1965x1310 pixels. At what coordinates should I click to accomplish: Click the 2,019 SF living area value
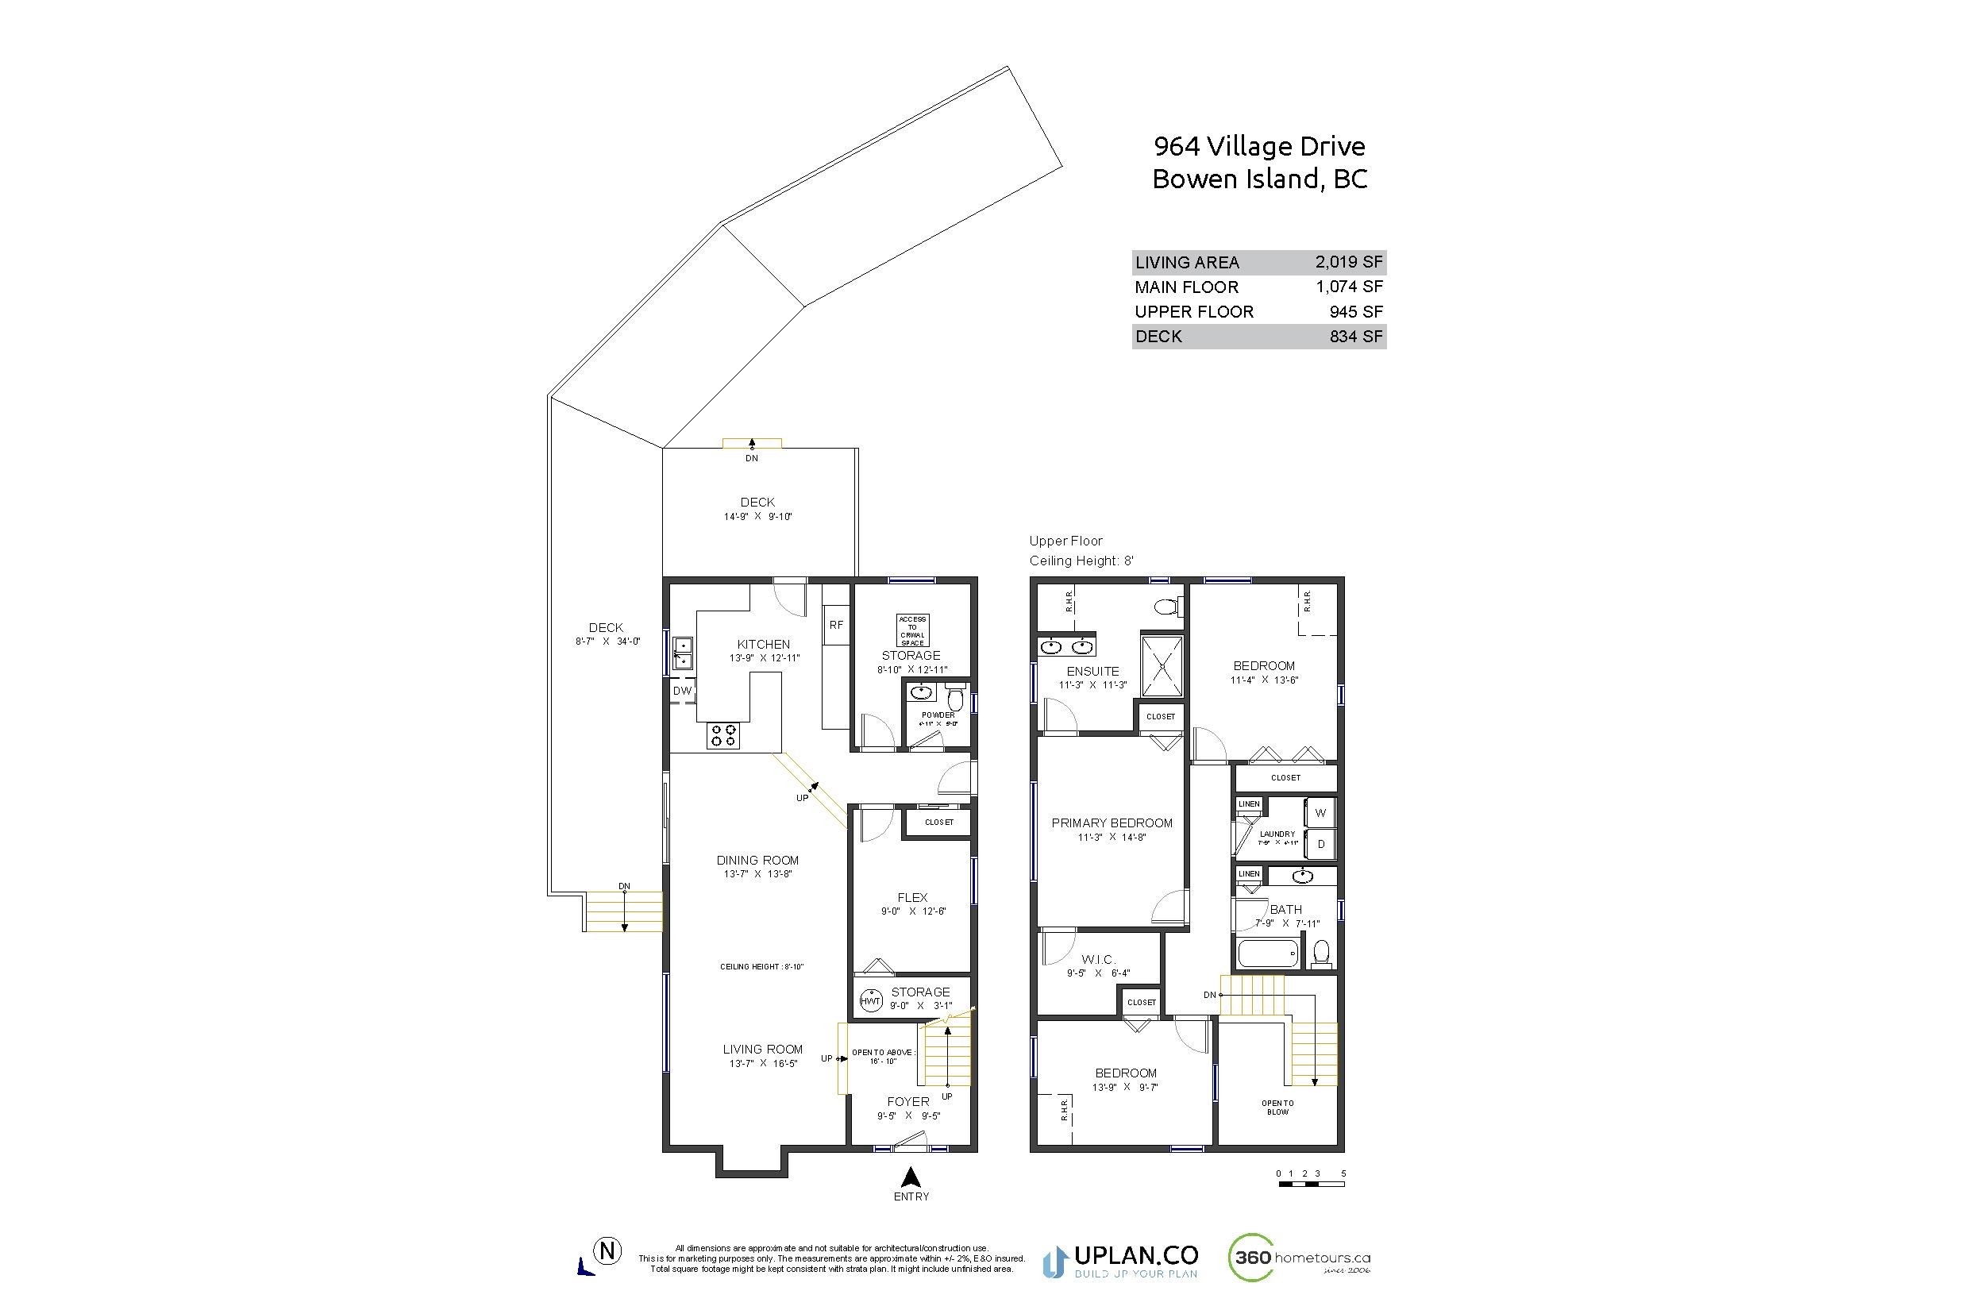coord(1348,262)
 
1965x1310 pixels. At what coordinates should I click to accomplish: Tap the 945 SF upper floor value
coord(1356,312)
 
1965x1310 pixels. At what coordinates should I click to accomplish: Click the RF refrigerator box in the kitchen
coord(835,625)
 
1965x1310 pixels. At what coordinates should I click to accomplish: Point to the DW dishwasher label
coord(682,691)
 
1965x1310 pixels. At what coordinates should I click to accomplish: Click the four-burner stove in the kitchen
coord(723,735)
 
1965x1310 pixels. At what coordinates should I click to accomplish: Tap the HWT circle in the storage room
coord(870,1001)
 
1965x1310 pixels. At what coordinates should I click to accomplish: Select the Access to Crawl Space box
coord(912,630)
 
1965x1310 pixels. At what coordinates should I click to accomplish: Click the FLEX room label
coord(912,898)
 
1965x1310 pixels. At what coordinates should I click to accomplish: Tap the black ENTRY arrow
coord(911,1178)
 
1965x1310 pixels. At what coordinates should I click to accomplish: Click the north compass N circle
coord(607,1251)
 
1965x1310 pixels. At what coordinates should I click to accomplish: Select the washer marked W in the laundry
coord(1320,813)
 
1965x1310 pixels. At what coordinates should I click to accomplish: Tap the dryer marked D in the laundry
coord(1321,844)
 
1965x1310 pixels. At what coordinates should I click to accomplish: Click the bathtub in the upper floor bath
coord(1267,953)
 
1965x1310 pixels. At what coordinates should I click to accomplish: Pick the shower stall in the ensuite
coord(1162,666)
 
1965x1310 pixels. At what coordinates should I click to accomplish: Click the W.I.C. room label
coord(1098,960)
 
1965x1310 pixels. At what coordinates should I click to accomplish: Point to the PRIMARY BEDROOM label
coord(1112,823)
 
